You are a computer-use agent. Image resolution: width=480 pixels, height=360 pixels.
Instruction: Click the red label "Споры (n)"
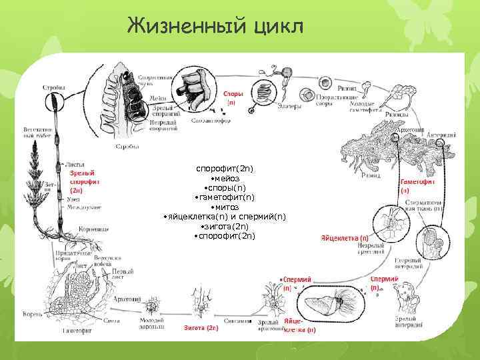pyautogui.click(x=233, y=99)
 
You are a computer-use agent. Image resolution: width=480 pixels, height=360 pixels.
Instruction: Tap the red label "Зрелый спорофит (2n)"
pyautogui.click(x=85, y=181)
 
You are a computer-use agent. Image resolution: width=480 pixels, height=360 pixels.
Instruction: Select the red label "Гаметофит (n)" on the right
pyautogui.click(x=419, y=185)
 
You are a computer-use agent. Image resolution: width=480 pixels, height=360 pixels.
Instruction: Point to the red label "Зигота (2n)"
pyautogui.click(x=201, y=328)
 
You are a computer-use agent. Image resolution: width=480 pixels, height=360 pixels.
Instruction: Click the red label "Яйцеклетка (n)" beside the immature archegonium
pyautogui.click(x=345, y=238)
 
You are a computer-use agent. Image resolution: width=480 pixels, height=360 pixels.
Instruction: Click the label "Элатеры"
pyautogui.click(x=287, y=105)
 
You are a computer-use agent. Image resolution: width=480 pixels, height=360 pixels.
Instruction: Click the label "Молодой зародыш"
pyautogui.click(x=147, y=323)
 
